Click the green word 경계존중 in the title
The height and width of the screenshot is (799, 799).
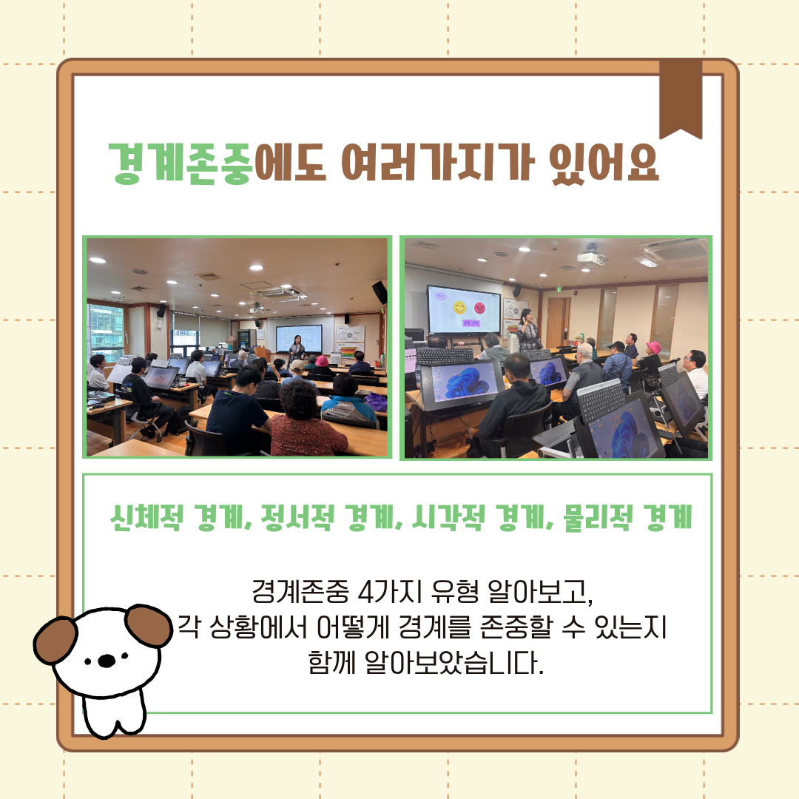[181, 163]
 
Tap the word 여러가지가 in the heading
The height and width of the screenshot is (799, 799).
[438, 163]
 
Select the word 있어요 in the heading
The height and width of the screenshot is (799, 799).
[604, 163]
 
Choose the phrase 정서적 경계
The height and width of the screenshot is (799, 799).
[329, 518]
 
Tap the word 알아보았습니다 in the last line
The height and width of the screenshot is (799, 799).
[454, 663]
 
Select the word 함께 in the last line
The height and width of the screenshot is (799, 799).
[331, 663]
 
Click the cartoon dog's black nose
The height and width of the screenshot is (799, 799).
[107, 661]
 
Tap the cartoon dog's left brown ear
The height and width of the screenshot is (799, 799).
[55, 639]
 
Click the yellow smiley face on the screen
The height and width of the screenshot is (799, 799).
[459, 308]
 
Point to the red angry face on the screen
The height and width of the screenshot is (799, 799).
[479, 308]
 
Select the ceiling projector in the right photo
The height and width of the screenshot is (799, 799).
[592, 256]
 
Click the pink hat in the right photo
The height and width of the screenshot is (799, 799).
[653, 348]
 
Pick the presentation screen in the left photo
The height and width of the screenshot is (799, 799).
[299, 338]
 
